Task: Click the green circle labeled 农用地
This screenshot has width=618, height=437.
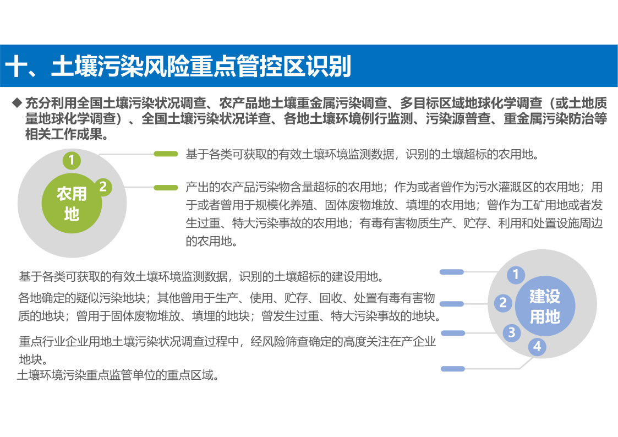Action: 72,203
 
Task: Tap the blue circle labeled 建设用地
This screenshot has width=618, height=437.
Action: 545,306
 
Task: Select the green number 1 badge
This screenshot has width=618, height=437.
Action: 72,160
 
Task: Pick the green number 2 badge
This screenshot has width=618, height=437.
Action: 103,187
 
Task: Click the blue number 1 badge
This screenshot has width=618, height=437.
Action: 516,274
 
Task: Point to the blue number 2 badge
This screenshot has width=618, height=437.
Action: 504,303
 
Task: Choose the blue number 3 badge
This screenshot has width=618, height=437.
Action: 512,332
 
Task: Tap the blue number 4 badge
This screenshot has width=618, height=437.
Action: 537,347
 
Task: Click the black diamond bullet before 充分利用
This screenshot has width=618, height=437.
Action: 17,103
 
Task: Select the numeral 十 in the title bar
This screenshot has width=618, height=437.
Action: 16,66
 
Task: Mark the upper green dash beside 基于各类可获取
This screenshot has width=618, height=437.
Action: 166,154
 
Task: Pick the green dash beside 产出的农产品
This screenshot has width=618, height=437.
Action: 166,188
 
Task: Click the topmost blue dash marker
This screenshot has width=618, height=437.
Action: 452,272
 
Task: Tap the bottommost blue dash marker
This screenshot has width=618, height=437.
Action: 453,369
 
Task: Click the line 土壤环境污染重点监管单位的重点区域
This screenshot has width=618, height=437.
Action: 117,375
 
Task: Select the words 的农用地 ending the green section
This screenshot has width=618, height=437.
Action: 209,241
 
